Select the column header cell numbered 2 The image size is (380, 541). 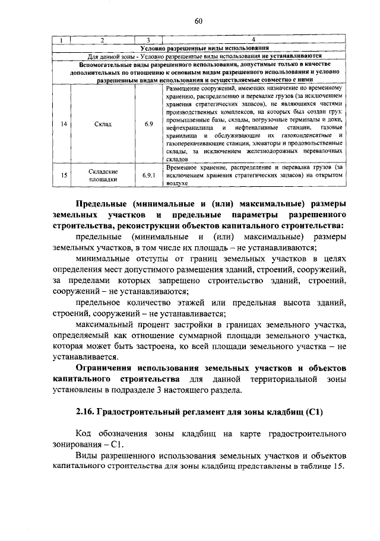point(102,40)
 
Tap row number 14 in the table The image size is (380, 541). point(63,123)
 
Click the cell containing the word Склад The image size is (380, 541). point(102,123)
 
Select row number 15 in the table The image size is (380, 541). point(63,175)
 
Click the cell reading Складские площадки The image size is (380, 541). point(102,175)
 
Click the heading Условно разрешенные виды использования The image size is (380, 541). point(203,47)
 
